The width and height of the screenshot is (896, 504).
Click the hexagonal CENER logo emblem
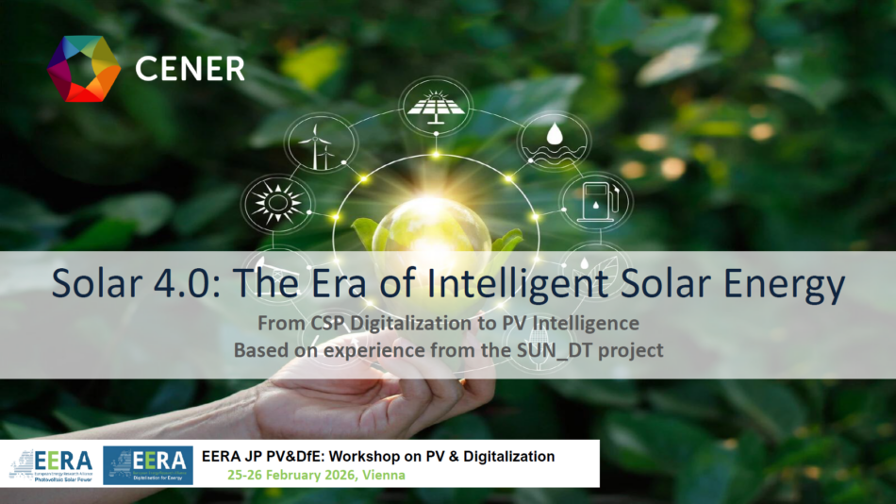pos(84,68)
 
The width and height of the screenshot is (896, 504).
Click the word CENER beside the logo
pos(190,69)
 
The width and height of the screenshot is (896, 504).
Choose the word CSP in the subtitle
pos(330,323)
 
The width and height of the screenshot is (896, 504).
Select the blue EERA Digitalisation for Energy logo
pos(148,463)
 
